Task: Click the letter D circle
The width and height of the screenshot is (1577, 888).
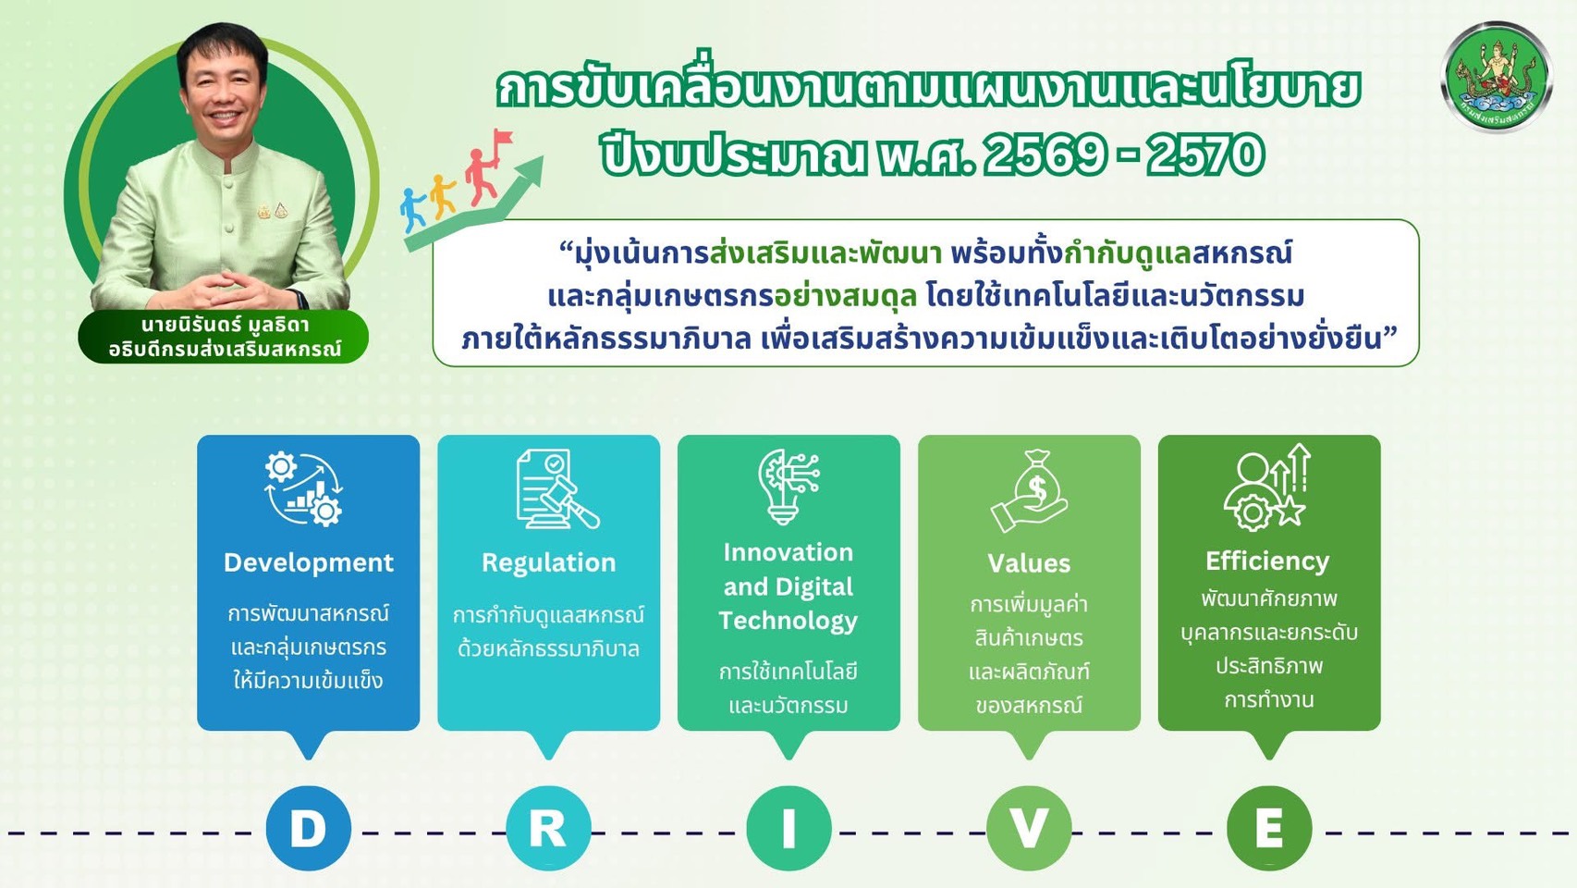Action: (x=308, y=828)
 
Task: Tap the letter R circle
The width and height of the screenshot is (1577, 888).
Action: (x=548, y=828)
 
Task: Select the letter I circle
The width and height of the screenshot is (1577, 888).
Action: (x=788, y=828)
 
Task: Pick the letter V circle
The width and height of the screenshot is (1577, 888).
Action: (x=1029, y=828)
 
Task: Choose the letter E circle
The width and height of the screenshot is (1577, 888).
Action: (x=1269, y=828)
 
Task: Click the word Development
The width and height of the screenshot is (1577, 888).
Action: (x=308, y=562)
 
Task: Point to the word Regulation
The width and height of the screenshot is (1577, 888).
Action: (x=548, y=562)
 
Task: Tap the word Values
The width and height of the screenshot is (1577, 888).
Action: (x=1029, y=563)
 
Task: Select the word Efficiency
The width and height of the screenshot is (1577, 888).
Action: (x=1267, y=561)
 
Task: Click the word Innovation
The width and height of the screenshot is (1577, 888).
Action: (x=788, y=552)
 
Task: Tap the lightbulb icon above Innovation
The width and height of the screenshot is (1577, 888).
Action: (x=787, y=487)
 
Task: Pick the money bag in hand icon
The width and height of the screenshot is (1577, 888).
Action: (x=1031, y=490)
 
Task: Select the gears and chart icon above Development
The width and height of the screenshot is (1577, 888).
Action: (x=304, y=488)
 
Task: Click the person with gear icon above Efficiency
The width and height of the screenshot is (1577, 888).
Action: (x=1266, y=487)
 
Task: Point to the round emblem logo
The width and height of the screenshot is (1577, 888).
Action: (x=1496, y=77)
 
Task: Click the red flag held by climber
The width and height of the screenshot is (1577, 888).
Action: (x=503, y=139)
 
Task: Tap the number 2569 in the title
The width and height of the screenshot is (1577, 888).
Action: (x=1044, y=154)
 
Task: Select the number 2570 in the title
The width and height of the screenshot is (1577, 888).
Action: (x=1205, y=154)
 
